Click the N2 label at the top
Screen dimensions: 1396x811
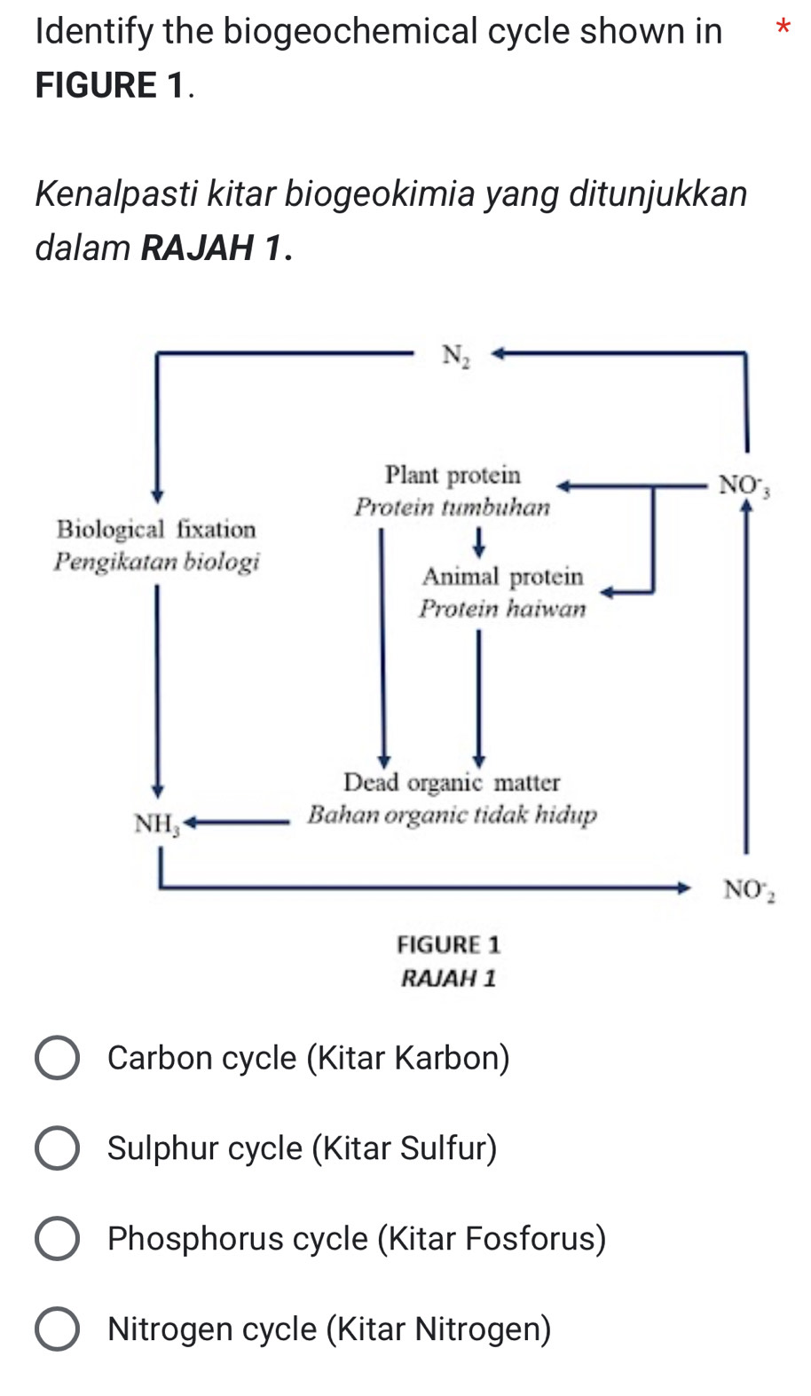tap(455, 356)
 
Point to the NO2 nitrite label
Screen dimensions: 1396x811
tap(748, 889)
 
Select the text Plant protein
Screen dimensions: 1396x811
tap(453, 476)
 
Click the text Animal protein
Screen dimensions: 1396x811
tap(502, 577)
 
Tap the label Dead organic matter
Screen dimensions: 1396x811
tap(452, 783)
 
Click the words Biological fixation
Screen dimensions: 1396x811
tap(156, 530)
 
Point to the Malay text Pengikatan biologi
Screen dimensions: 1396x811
tap(156, 562)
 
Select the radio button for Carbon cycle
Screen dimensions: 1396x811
tap(57, 1058)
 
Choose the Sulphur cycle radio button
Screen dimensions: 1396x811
tap(57, 1148)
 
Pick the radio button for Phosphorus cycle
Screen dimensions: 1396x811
tap(57, 1239)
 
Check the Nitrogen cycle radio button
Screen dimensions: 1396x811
tap(57, 1329)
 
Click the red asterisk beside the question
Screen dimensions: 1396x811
tap(782, 28)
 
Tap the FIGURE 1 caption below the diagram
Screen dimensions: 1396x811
tap(448, 944)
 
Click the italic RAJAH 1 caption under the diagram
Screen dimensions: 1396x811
tap(448, 979)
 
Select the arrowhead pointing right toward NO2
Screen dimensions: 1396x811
tap(682, 886)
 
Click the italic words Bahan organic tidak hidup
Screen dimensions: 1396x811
tap(452, 815)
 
